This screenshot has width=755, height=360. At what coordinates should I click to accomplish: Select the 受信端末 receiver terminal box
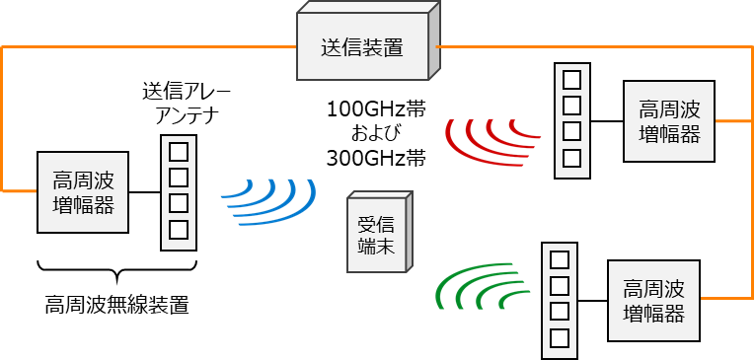[x=375, y=238]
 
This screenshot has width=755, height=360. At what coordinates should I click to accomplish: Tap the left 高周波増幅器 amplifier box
[x=83, y=192]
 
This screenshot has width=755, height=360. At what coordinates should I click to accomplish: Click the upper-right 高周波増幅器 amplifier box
[x=669, y=121]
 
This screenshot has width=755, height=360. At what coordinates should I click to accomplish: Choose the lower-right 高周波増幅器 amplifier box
[x=653, y=301]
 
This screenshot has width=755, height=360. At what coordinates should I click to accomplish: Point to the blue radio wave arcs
[x=268, y=201]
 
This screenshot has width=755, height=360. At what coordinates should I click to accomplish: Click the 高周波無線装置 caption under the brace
[x=116, y=304]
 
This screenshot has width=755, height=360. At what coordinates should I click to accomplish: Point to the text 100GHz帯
[x=375, y=108]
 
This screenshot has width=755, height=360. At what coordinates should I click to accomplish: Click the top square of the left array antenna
[x=179, y=152]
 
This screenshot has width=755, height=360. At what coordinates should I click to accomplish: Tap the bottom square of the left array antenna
[x=179, y=230]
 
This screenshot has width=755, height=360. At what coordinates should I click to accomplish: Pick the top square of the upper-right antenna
[x=571, y=79]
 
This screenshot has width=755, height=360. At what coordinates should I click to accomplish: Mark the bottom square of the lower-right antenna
[x=560, y=338]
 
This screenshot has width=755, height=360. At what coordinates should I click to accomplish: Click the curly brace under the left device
[x=116, y=268]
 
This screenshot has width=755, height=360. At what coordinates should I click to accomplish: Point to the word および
[x=375, y=132]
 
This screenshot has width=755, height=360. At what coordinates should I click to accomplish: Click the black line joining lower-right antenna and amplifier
[x=592, y=300]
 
